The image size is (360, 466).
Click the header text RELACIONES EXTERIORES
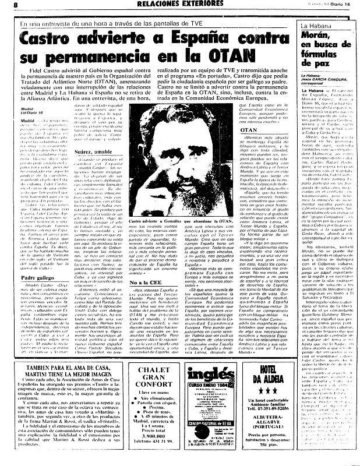pyautogui.click(x=178, y=5)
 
